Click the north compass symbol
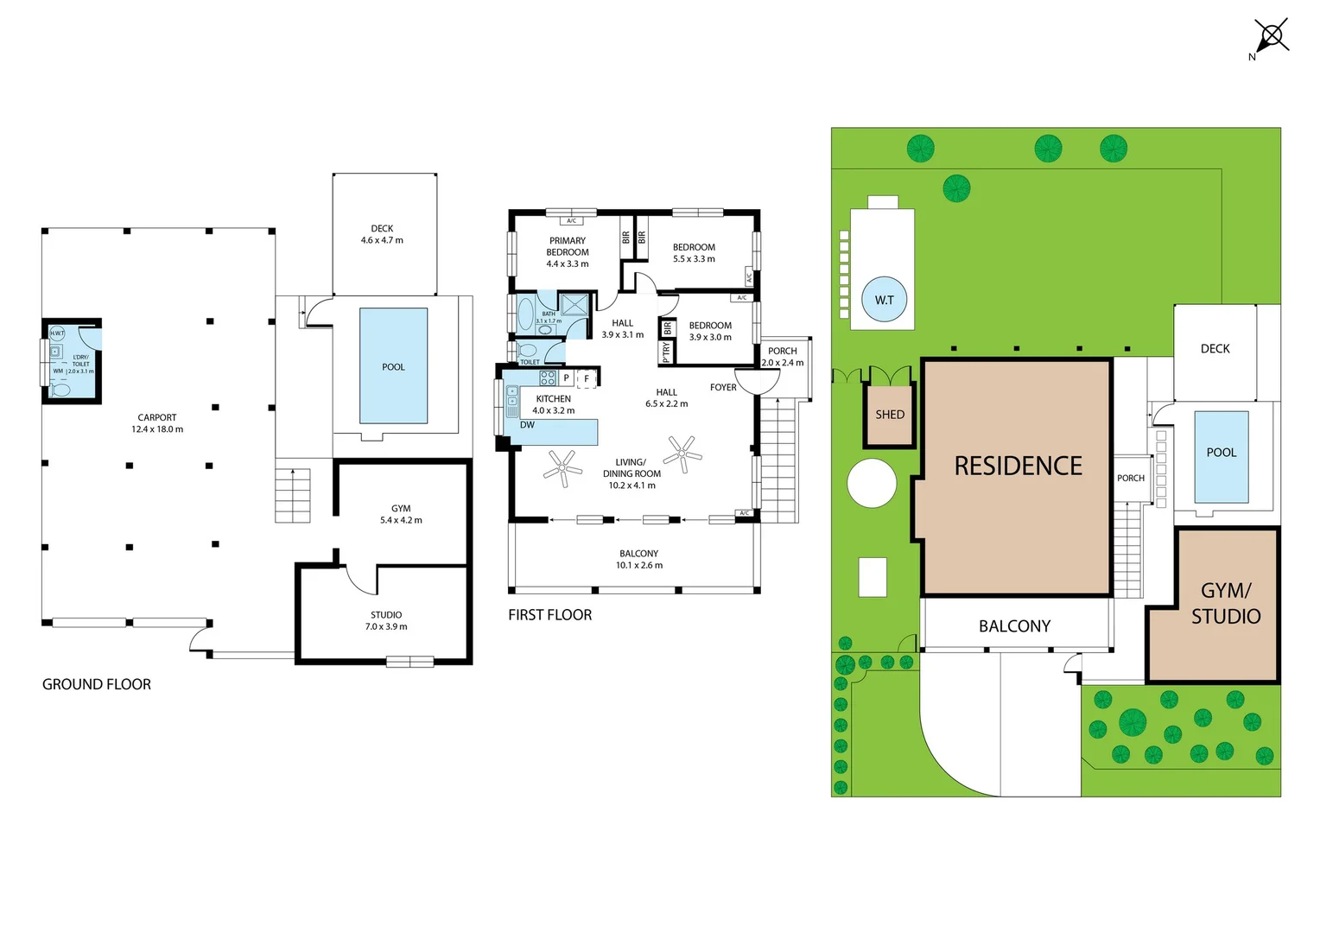click(x=1271, y=37)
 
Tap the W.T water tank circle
click(x=884, y=300)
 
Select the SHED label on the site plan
click(x=890, y=415)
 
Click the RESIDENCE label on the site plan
click(x=1018, y=466)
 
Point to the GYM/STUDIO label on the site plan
click(x=1226, y=603)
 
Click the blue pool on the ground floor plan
click(x=393, y=366)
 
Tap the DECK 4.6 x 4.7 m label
click(x=382, y=235)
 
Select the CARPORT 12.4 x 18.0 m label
click(x=157, y=423)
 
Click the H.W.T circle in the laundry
click(x=57, y=333)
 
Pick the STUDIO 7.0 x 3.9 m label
click(x=386, y=620)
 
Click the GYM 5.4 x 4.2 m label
click(x=401, y=514)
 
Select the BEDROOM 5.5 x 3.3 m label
click(x=694, y=252)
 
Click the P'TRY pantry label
click(x=666, y=352)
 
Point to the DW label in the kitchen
click(x=527, y=425)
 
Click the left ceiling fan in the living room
click(x=562, y=468)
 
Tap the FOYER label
click(x=723, y=388)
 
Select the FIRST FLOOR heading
click(x=550, y=615)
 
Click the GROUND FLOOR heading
click(x=97, y=684)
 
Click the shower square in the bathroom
click(x=574, y=305)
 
